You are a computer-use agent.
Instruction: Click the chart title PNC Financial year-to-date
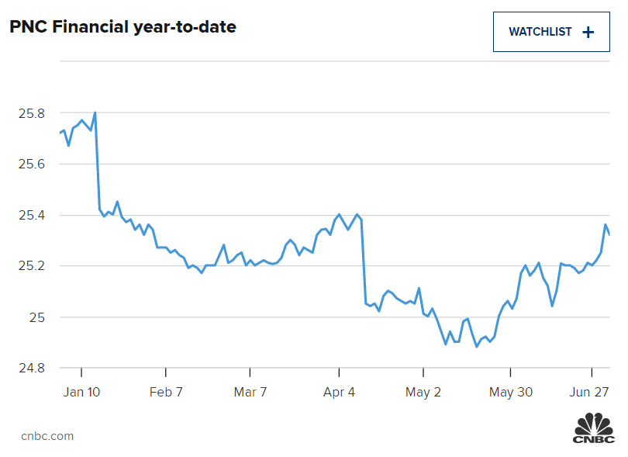[x=122, y=27]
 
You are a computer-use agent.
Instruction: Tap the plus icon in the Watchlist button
[x=588, y=32]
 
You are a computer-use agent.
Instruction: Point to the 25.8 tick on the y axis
[x=31, y=113]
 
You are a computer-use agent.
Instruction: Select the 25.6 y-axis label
[x=31, y=164]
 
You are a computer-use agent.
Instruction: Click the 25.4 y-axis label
[x=31, y=216]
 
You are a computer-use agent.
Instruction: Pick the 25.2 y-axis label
[x=31, y=266]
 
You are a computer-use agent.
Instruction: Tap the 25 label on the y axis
[x=36, y=317]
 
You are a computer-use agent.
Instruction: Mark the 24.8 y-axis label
[x=31, y=368]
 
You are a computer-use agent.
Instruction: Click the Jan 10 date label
[x=82, y=392]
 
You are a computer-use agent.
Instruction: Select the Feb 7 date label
[x=166, y=392]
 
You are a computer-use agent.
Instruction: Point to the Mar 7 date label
[x=250, y=392]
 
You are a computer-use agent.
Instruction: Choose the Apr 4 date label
[x=339, y=392]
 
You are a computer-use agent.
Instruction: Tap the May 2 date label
[x=423, y=392]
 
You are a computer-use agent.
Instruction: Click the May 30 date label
[x=510, y=392]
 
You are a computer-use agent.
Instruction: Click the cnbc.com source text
[x=47, y=436]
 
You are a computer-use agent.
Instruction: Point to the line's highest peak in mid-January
[x=95, y=113]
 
